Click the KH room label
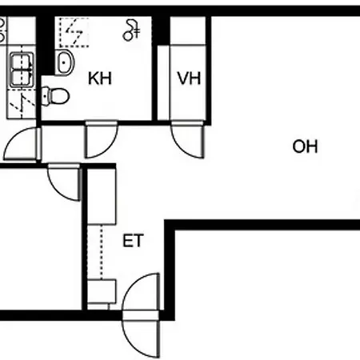point(100,78)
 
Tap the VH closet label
point(189,78)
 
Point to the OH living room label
point(305,146)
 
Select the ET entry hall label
point(133,241)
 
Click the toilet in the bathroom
point(55,96)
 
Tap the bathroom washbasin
point(64,62)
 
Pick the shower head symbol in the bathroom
point(131,30)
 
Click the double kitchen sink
point(22,70)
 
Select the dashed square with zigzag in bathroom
point(74,33)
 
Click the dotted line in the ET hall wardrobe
point(101,252)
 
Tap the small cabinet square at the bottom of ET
point(102,291)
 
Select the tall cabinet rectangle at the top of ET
point(102,196)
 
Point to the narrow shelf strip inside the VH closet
point(163,82)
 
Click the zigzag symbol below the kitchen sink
point(22,104)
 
